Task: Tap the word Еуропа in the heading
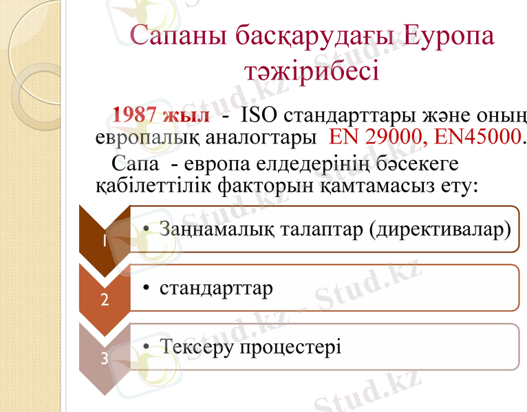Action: (x=449, y=36)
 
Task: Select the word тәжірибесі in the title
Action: (x=312, y=69)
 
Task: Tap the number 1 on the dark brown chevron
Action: (x=103, y=241)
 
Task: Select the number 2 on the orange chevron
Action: (x=104, y=300)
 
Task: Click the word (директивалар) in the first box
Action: (x=440, y=229)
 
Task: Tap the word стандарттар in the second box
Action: (x=216, y=287)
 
